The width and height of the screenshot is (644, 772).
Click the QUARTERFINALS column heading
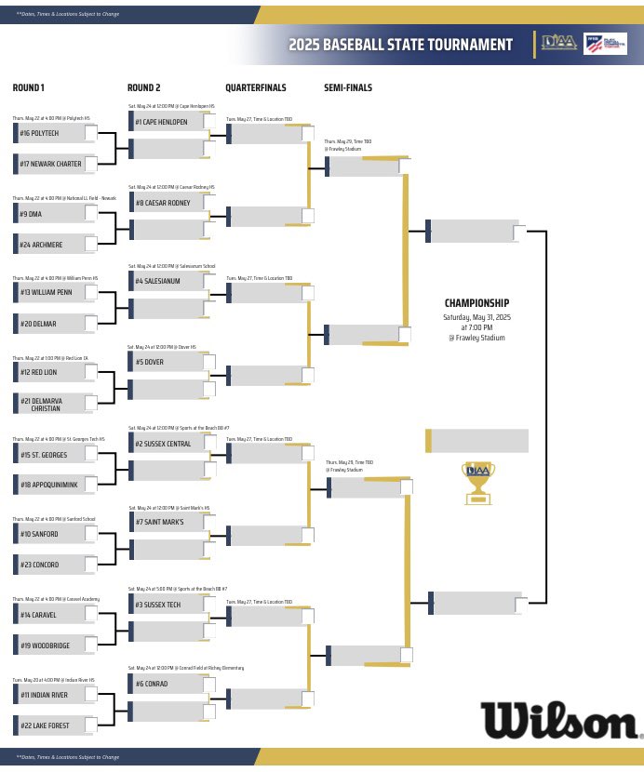point(256,88)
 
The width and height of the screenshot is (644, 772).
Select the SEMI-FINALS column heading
point(348,88)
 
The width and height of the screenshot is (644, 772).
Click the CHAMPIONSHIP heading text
point(476,303)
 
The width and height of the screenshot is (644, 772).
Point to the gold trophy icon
point(477,482)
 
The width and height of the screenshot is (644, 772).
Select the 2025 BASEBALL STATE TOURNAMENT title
point(400,45)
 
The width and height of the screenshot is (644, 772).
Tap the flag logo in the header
point(598,44)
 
